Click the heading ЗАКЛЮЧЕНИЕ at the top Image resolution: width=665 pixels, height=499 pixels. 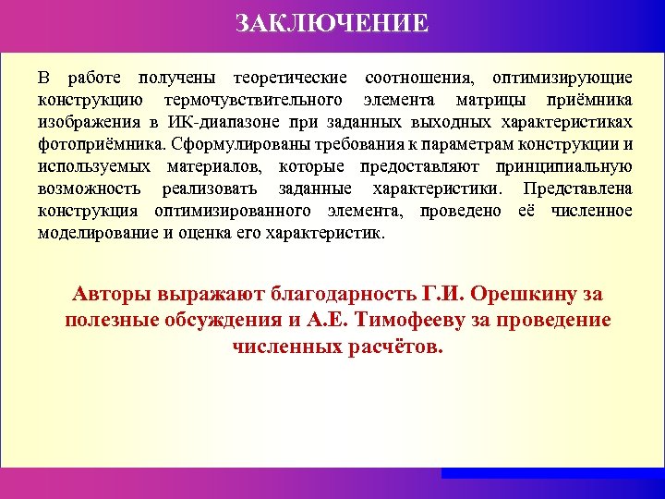[x=332, y=22]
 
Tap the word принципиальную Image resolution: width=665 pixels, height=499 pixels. [x=563, y=167]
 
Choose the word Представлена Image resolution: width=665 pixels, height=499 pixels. [x=577, y=189]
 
